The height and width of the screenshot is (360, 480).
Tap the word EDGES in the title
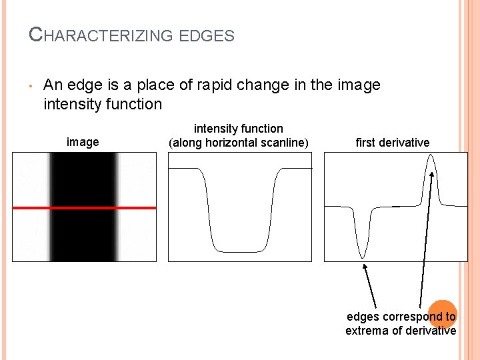(207, 35)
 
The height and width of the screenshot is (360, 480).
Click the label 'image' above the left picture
(83, 142)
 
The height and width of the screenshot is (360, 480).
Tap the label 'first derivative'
(393, 142)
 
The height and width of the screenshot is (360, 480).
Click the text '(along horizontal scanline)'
(239, 142)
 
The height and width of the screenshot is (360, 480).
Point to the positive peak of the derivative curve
(431, 157)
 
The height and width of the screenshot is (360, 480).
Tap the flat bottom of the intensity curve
(239, 251)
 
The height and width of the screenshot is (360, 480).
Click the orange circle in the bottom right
(442, 312)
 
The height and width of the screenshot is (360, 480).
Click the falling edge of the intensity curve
(207, 207)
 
